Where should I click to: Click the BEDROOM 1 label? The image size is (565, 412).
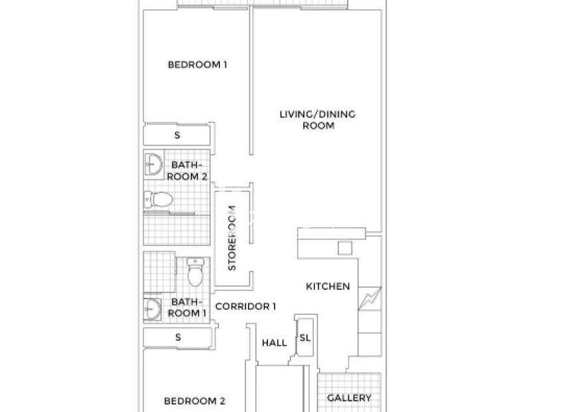point(197,64)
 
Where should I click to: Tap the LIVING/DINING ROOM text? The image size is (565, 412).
point(317,120)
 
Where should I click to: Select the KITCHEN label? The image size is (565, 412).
point(327,286)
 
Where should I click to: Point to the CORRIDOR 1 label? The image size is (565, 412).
point(246,306)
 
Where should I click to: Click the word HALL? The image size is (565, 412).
point(274,343)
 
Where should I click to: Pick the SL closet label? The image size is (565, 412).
point(304,338)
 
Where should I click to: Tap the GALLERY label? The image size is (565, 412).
point(349,398)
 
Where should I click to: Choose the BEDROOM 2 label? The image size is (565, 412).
point(194,401)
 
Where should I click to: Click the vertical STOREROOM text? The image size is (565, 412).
point(233,237)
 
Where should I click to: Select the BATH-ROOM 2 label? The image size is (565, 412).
point(187,171)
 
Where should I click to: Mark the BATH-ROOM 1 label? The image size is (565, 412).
point(187,306)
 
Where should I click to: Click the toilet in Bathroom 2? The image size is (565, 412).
point(158,199)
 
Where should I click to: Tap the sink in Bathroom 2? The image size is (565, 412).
point(154,163)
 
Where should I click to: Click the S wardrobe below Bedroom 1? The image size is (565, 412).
point(177,135)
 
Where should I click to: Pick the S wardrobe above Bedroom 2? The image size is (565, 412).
point(177,337)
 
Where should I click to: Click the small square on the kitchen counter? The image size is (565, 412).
point(344,248)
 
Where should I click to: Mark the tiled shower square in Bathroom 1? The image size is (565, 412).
point(159,274)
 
